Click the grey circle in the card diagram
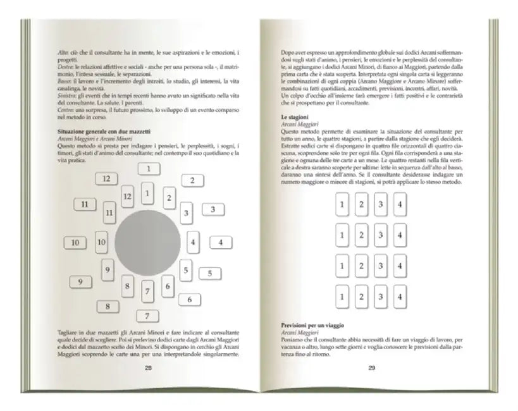pos(145,243)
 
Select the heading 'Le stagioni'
pos(297,118)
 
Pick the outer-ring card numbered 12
pos(108,179)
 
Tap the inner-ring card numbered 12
pos(127,197)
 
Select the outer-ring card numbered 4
pos(220,242)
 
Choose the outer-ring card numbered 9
pos(80,282)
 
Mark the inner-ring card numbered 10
pos(101,242)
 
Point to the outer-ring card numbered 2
pos(192,180)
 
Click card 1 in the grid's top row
pos(342,204)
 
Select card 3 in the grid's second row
pos(379,235)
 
